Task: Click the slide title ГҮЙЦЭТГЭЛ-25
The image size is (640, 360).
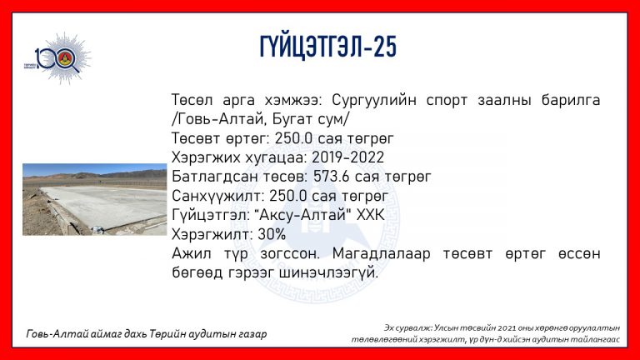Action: click(x=328, y=47)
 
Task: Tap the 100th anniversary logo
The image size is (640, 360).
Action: click(x=58, y=59)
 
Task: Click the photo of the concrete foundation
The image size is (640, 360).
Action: click(x=95, y=200)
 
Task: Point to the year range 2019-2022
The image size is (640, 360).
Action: click(x=347, y=157)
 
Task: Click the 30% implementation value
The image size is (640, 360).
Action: click(x=272, y=235)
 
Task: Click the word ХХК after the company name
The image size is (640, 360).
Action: click(x=371, y=215)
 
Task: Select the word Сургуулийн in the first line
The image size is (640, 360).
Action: click(x=374, y=100)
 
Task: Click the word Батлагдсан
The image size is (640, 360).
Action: click(x=215, y=177)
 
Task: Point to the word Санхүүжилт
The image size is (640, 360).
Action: click(x=218, y=197)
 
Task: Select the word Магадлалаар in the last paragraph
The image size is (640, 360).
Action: click(x=381, y=254)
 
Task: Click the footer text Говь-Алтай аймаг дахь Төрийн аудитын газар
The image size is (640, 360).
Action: click(x=147, y=334)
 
